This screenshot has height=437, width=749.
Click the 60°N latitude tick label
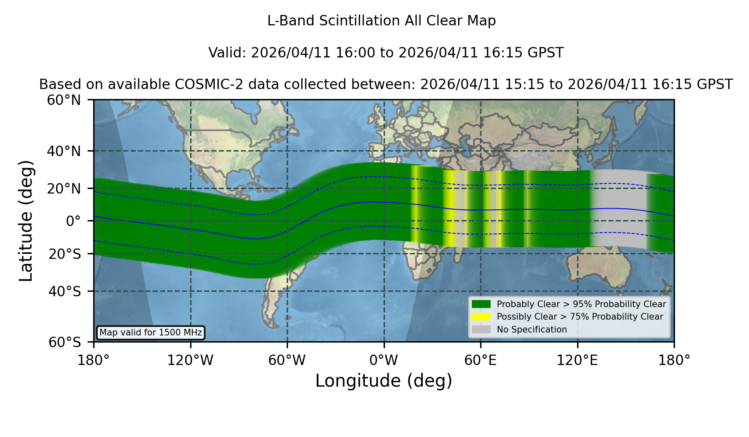click(x=64, y=100)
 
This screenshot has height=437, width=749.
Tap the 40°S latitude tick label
click(x=64, y=291)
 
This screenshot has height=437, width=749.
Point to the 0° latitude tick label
click(x=73, y=221)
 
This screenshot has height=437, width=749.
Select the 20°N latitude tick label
click(x=64, y=189)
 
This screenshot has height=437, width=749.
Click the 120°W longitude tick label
click(x=190, y=360)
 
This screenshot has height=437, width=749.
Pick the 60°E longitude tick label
click(x=481, y=360)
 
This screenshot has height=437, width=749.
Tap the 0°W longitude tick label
click(x=384, y=360)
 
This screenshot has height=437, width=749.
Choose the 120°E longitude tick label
click(x=577, y=360)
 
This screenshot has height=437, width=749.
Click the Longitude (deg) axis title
click(x=384, y=381)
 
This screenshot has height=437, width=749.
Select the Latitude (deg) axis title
click(x=26, y=221)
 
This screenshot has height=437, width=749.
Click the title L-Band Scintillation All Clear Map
click(x=382, y=21)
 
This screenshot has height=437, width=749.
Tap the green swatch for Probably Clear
click(x=481, y=304)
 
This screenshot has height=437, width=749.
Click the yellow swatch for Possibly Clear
click(x=481, y=317)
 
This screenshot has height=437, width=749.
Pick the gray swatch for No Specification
click(x=481, y=330)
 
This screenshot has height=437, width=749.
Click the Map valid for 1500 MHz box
click(x=151, y=333)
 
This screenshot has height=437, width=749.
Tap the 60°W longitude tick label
click(x=287, y=360)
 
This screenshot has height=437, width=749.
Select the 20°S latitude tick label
click(x=64, y=254)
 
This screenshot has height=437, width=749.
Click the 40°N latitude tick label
click(x=64, y=151)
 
